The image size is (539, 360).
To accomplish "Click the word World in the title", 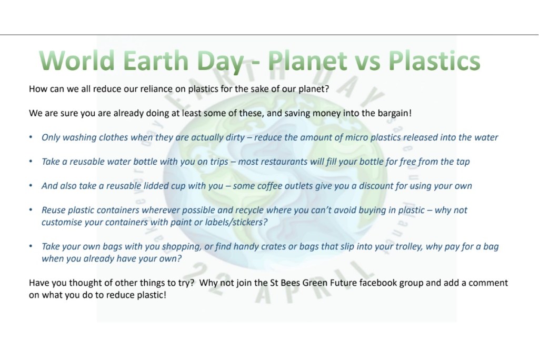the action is point(77,61).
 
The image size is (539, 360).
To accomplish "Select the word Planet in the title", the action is point(307,61).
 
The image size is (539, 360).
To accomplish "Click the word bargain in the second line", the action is point(394,114).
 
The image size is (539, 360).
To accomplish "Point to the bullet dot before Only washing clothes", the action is point(31,137).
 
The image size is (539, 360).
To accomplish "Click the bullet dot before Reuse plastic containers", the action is point(31,210).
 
